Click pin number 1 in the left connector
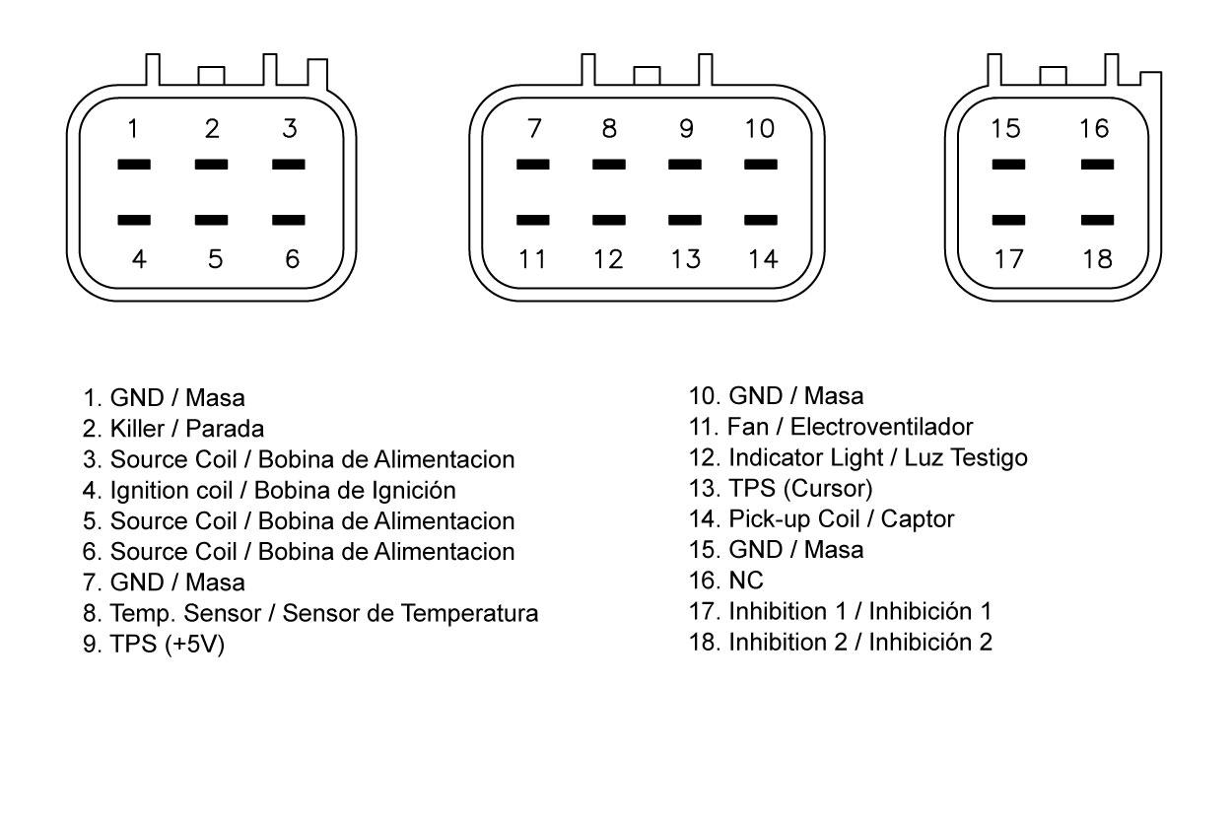pyautogui.click(x=132, y=129)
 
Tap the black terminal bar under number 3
pyautogui.click(x=289, y=165)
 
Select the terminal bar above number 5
pyautogui.click(x=211, y=220)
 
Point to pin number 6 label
pyautogui.click(x=292, y=259)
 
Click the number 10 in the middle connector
pyautogui.click(x=760, y=129)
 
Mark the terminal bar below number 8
pyautogui.click(x=609, y=165)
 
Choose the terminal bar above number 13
pyautogui.click(x=685, y=220)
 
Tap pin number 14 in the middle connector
pyautogui.click(x=764, y=259)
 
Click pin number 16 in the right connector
pyautogui.click(x=1094, y=129)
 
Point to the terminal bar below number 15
pyautogui.click(x=1008, y=165)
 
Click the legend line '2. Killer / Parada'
pyautogui.click(x=173, y=429)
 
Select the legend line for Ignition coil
pyautogui.click(x=269, y=491)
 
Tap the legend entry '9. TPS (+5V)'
pyautogui.click(x=154, y=645)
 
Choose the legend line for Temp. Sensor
pyautogui.click(x=310, y=614)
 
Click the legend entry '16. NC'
pyautogui.click(x=726, y=581)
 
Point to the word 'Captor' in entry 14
pyautogui.click(x=918, y=519)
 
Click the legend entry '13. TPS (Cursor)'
pyautogui.click(x=781, y=489)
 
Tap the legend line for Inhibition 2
pyautogui.click(x=841, y=643)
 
